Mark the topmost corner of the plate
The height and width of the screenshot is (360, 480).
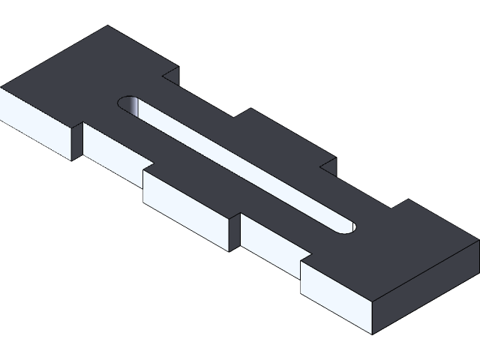pyautogui.click(x=107, y=26)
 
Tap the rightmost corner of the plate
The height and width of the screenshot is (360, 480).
pyautogui.click(x=478, y=240)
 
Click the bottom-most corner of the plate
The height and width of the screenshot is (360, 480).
pyautogui.click(x=373, y=333)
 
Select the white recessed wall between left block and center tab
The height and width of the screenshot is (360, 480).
pyautogui.click(x=113, y=150)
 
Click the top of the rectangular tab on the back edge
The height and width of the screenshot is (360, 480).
pyautogui.click(x=285, y=139)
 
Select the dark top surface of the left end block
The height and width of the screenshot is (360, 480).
pyautogui.click(x=82, y=75)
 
